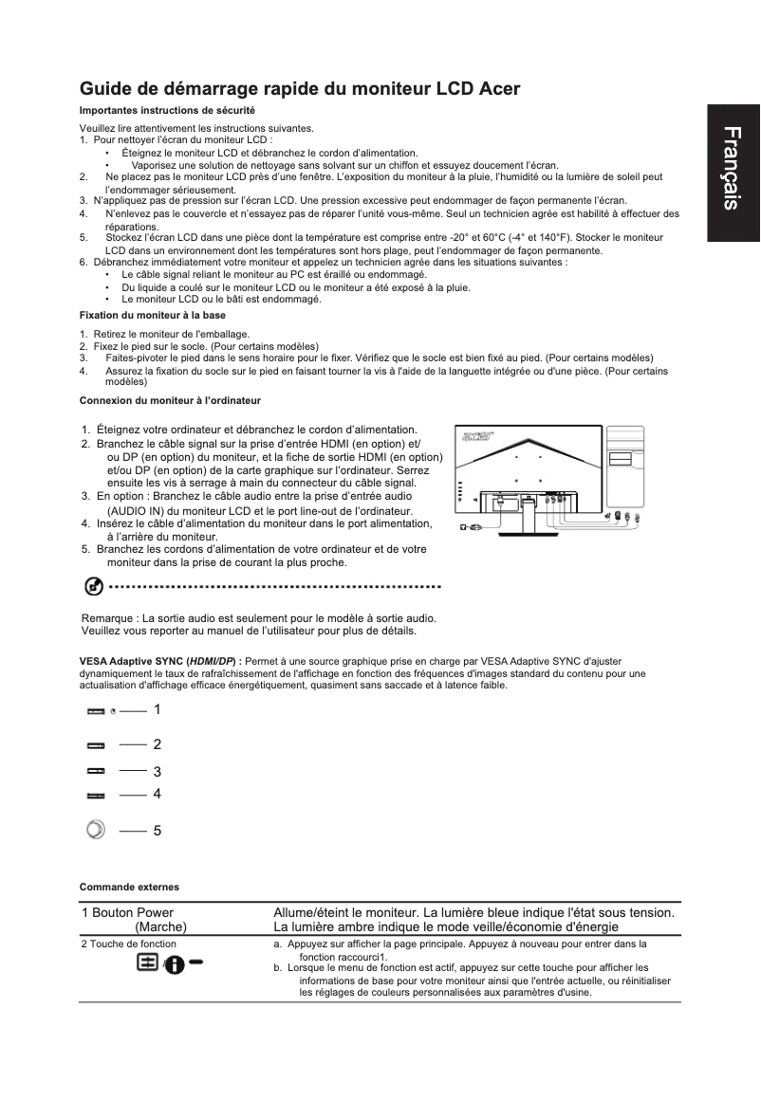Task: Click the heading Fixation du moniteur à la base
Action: pyautogui.click(x=152, y=314)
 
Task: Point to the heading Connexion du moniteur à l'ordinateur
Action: pyautogui.click(x=170, y=401)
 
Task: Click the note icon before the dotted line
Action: pyautogui.click(x=93, y=587)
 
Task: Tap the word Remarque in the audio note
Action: pyautogui.click(x=111, y=618)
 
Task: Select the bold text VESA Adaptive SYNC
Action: pyautogui.click(x=132, y=660)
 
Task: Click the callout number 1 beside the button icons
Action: pyautogui.click(x=158, y=709)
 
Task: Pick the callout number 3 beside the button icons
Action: pyautogui.click(x=158, y=772)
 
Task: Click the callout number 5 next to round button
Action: pyautogui.click(x=158, y=831)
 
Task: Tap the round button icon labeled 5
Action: pyautogui.click(x=94, y=830)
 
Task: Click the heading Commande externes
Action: pyautogui.click(x=129, y=887)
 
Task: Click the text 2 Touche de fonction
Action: pyautogui.click(x=128, y=944)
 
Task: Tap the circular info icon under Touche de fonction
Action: pyautogui.click(x=175, y=963)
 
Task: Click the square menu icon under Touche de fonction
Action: pyautogui.click(x=147, y=962)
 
